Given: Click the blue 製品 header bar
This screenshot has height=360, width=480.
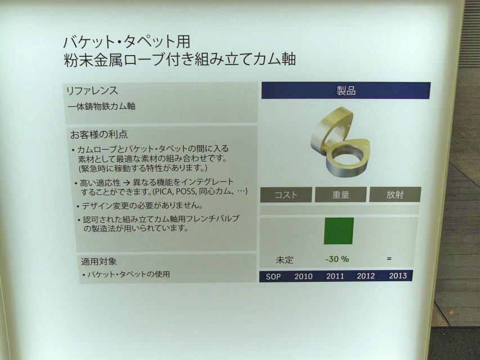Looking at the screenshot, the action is [x=346, y=91].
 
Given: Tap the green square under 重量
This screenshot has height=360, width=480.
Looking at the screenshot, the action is [x=339, y=231].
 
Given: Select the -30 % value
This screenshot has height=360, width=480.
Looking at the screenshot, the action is [x=337, y=259].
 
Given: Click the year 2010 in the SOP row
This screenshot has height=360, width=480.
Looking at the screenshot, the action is [x=303, y=276].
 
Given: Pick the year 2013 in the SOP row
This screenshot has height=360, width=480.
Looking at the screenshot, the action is [x=398, y=276].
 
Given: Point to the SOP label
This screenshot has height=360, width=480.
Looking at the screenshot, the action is [x=273, y=277].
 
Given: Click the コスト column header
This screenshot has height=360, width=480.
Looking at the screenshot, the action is [x=286, y=195].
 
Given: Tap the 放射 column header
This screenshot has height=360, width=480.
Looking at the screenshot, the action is [x=395, y=195].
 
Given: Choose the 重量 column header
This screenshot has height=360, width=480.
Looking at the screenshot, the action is [x=340, y=195].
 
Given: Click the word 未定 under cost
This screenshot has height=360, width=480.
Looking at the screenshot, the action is [x=285, y=260].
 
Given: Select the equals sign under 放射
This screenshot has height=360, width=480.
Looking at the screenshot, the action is [x=389, y=259].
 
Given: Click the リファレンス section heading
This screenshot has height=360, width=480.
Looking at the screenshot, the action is [x=92, y=91].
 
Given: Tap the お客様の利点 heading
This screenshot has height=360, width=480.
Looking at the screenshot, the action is [x=99, y=134].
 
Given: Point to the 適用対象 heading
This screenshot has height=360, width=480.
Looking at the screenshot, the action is [x=99, y=262].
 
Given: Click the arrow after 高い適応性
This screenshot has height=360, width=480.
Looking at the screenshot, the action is [x=127, y=183].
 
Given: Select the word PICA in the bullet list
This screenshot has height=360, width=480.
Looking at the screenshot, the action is [x=163, y=192].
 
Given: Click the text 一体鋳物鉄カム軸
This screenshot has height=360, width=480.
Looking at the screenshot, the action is [x=102, y=106].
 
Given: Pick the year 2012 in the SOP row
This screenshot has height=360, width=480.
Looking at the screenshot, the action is [x=366, y=276].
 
